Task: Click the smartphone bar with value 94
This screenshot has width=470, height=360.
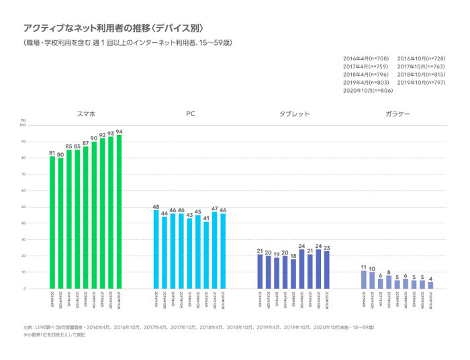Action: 119,212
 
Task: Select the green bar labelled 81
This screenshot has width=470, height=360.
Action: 52,222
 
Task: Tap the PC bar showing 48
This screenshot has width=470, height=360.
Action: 156,249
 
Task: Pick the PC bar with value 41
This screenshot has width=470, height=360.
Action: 206,255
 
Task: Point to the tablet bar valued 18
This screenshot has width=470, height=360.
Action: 293,274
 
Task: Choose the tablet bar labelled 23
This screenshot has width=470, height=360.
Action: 326,270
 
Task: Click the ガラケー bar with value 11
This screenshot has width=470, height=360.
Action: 364,279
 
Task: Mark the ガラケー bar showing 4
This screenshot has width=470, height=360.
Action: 430,285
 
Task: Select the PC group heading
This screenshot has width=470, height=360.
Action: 191,114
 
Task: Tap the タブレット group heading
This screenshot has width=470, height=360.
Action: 294,114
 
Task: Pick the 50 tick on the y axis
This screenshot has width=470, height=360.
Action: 23,207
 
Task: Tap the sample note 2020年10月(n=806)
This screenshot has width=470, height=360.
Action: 369,90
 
